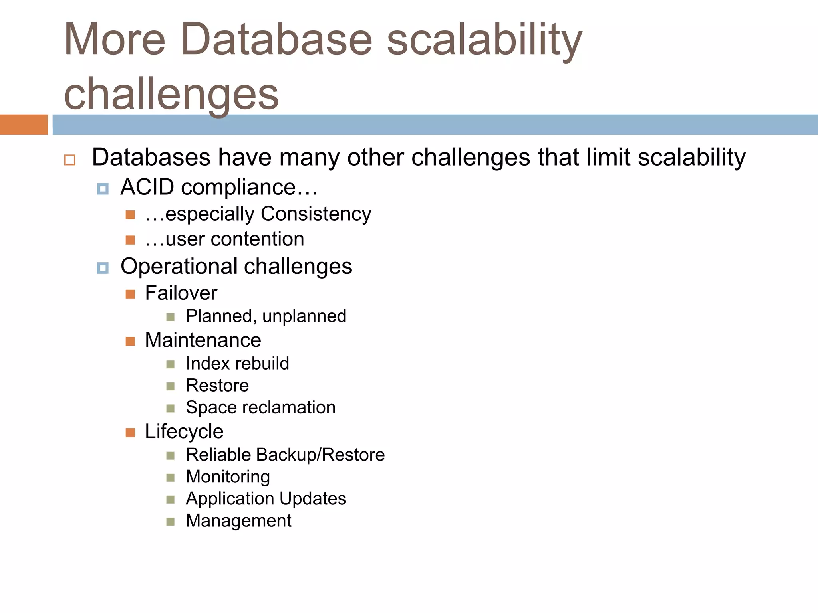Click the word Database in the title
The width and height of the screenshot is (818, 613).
click(x=276, y=39)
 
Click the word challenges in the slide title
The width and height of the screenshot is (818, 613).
click(x=171, y=94)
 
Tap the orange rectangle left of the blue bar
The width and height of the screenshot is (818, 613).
click(x=24, y=125)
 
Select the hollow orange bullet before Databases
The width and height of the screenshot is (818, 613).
click(x=69, y=160)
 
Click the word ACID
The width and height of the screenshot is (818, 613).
click(x=147, y=187)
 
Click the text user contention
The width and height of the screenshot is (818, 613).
click(x=234, y=239)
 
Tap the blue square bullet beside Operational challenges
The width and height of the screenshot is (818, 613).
click(x=103, y=268)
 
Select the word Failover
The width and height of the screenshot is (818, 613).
click(x=181, y=293)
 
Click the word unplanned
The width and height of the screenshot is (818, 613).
click(x=304, y=316)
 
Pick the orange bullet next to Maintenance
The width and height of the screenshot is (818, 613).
click(x=130, y=341)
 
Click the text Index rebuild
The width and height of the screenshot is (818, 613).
click(x=237, y=364)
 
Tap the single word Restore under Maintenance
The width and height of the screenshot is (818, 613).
click(x=217, y=386)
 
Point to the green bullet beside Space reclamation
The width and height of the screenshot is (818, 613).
click(x=171, y=408)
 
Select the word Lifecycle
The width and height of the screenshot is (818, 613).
click(x=184, y=431)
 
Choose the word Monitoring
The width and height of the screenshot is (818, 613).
click(x=228, y=477)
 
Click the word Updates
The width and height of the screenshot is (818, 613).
click(x=313, y=499)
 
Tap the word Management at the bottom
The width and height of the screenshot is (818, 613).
click(x=238, y=521)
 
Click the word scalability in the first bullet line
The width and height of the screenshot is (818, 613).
click(x=691, y=157)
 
